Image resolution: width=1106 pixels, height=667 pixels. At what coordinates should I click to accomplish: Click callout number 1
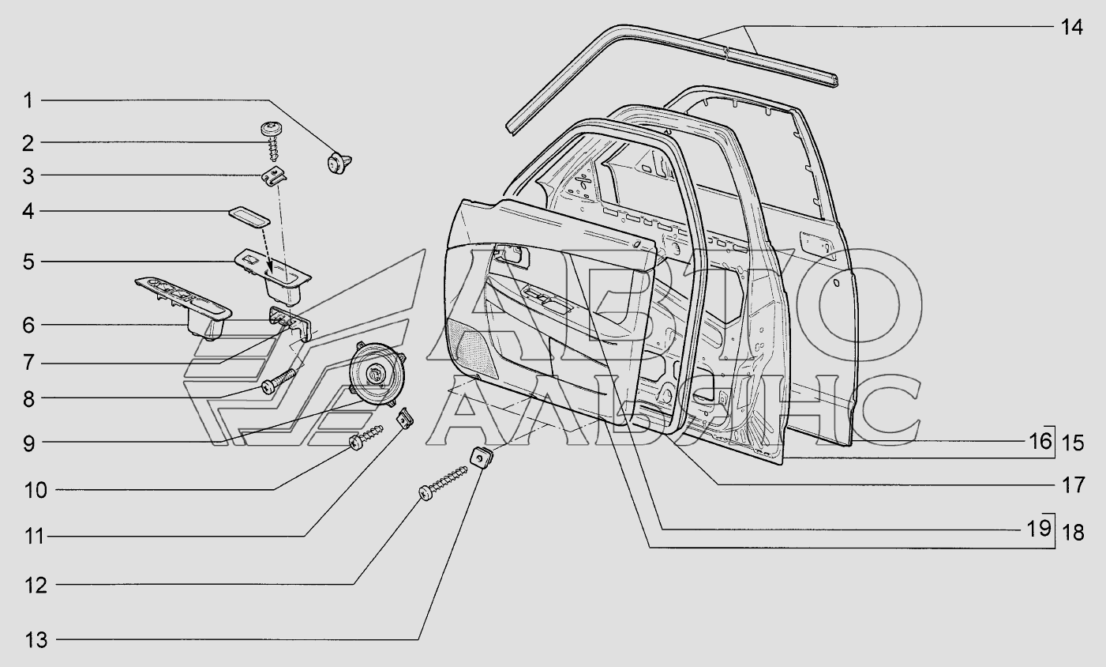[28, 100]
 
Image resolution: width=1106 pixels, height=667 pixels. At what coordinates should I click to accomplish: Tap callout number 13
[35, 639]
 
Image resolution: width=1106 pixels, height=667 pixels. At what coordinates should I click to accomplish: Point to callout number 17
[1072, 484]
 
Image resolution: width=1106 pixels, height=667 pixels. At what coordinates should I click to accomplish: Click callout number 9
[28, 443]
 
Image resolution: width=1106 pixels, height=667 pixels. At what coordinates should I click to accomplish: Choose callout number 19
[1040, 527]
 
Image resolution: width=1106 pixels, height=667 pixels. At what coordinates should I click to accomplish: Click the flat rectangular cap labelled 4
[248, 217]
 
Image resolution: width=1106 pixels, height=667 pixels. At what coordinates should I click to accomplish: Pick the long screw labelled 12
[446, 481]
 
